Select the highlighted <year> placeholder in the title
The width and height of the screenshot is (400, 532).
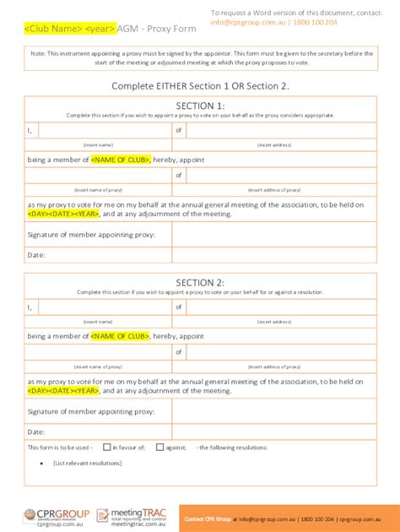[101, 28]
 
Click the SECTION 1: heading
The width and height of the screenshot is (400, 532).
[200, 106]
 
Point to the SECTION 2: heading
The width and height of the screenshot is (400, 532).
[200, 282]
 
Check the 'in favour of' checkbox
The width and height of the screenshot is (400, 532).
[107, 447]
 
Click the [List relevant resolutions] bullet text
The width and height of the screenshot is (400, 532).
[87, 463]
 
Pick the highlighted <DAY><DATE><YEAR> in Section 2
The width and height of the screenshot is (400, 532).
[63, 390]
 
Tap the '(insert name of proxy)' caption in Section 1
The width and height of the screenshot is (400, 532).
[98, 190]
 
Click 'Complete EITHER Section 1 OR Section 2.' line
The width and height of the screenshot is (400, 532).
[200, 86]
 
